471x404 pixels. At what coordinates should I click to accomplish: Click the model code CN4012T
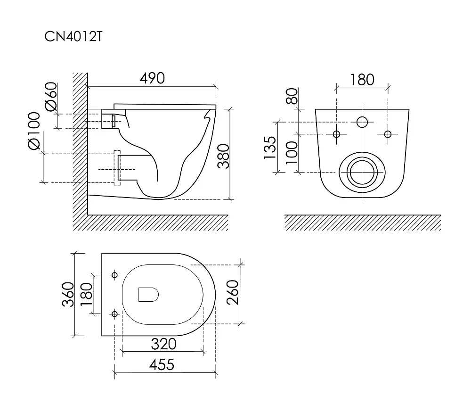click(73, 37)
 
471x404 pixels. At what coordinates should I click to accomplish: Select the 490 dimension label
click(152, 78)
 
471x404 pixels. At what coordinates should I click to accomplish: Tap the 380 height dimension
click(223, 156)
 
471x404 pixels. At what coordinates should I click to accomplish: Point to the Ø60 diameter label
click(51, 97)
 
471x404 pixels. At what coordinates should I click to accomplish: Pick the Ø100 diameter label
click(34, 131)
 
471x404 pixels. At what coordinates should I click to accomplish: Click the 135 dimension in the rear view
click(270, 147)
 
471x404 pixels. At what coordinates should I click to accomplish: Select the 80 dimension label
click(292, 96)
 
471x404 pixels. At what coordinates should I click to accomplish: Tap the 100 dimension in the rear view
click(292, 153)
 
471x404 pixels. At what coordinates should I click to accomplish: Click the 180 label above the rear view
click(362, 80)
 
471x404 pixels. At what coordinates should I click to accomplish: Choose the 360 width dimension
click(68, 294)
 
